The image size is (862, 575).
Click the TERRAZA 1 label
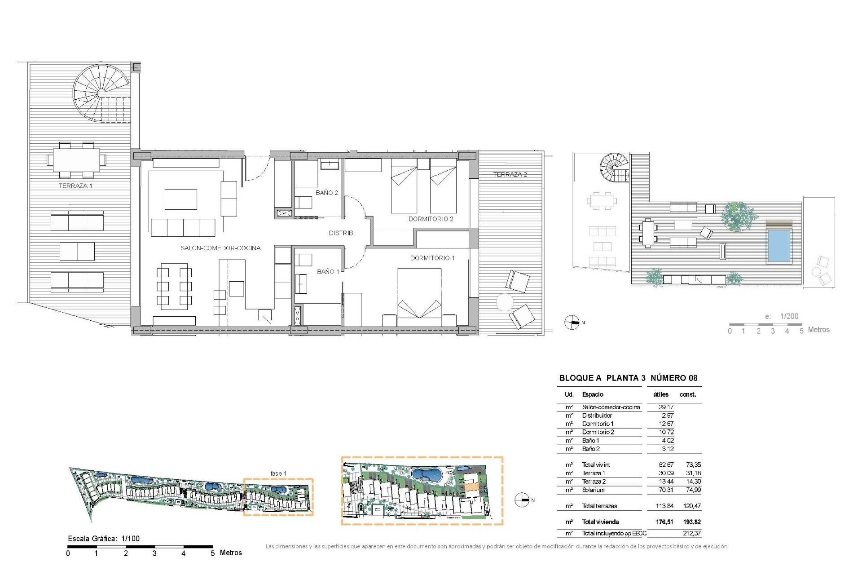75,186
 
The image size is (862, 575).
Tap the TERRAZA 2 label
510,174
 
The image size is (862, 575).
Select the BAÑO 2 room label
326,193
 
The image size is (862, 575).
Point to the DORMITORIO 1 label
432,258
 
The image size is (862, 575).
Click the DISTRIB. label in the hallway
342,233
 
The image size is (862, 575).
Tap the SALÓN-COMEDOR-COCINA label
220,248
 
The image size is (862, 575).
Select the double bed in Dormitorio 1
419,294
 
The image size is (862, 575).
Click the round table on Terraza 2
505,302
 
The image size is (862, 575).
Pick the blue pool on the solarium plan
779,246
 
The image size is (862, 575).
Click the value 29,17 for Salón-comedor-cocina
666,407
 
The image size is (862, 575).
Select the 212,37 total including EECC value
691,533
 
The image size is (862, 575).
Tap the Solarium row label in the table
593,490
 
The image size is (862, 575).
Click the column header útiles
660,394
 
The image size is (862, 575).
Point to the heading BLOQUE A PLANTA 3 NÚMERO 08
628,378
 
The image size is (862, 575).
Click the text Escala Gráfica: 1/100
104,539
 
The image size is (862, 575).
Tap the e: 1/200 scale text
782,316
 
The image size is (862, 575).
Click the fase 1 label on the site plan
278,473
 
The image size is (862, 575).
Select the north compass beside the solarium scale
572,323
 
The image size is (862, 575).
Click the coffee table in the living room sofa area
180,199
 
